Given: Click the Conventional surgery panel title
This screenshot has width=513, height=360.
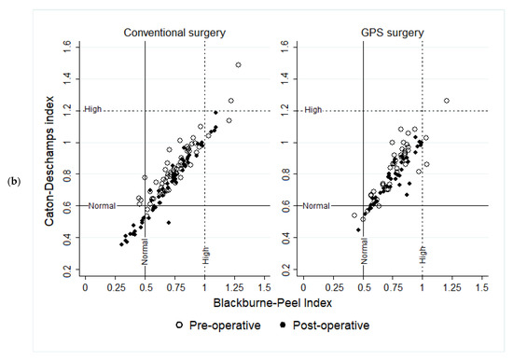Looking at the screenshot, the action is coord(174,33).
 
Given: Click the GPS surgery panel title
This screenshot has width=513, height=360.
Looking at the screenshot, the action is coord(393,33).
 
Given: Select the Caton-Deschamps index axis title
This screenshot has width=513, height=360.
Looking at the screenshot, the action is coord(49,161).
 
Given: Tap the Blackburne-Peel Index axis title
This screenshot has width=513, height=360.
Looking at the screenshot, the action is coord(272,303).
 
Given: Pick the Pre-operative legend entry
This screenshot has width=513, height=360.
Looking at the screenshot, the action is coord(218,325).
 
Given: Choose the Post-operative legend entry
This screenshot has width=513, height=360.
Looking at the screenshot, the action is coord(325,325).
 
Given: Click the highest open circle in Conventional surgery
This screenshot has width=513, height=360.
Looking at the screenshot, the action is coord(238,64).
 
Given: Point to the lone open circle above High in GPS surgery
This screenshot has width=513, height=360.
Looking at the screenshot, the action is coord(446,101).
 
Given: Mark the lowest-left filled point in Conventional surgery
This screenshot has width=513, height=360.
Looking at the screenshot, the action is coord(121,244).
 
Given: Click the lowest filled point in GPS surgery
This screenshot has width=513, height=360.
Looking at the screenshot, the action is coord(358,230).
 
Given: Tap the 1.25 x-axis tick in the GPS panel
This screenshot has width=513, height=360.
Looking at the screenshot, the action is coord(452,287).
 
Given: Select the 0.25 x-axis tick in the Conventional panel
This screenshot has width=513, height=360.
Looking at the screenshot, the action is coord(117,287).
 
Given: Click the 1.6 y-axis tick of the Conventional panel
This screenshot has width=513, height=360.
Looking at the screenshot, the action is coord(67,48).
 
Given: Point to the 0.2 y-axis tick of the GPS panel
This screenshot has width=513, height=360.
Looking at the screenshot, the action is coord(285,270).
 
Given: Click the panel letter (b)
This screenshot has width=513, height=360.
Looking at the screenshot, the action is coord(14,181).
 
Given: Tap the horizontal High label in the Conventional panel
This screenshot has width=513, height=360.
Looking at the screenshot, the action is coord(93,109).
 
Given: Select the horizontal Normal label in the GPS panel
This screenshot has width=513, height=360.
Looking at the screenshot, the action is coord(316,206).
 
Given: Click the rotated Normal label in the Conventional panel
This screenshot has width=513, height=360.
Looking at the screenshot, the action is coord(145,252).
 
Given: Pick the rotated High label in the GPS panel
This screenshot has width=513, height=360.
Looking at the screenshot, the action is coord(423,255).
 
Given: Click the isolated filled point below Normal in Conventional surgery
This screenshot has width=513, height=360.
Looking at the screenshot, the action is coord(169,223).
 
